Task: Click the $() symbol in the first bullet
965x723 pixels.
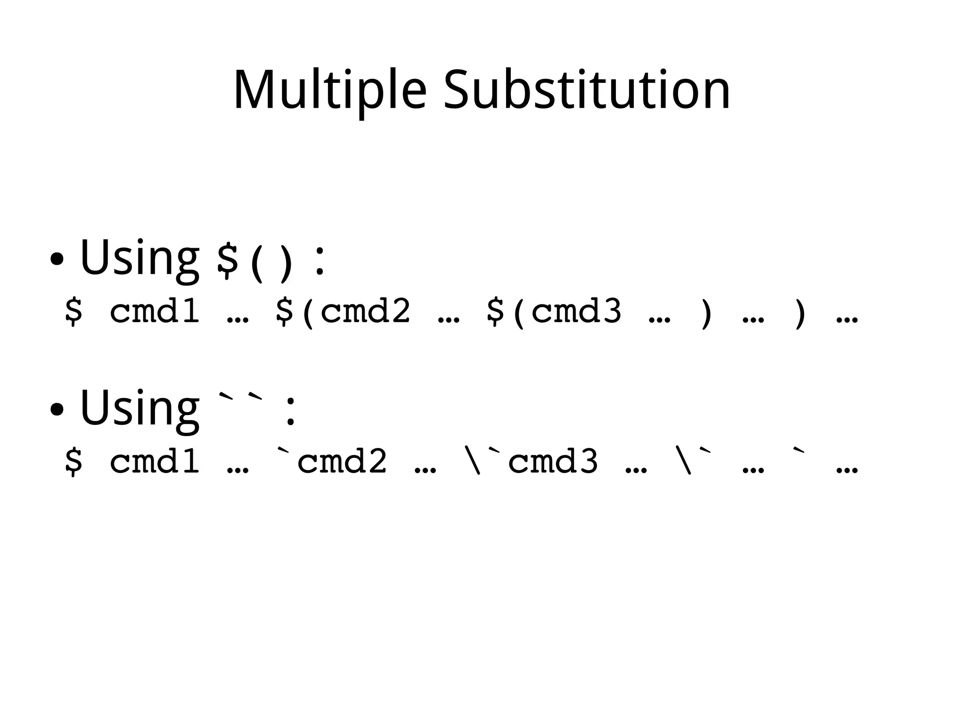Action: (x=254, y=262)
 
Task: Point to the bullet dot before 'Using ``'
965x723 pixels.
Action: (x=57, y=409)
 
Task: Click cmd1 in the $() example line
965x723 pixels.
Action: (x=155, y=312)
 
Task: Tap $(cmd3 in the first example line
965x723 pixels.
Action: (x=554, y=312)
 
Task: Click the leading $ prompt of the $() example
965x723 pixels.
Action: (x=74, y=312)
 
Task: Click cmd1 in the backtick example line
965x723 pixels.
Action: (x=155, y=461)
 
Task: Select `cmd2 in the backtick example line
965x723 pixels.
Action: (x=332, y=461)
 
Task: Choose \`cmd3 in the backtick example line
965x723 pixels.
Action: (x=531, y=461)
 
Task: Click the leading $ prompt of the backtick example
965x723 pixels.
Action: (x=74, y=461)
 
